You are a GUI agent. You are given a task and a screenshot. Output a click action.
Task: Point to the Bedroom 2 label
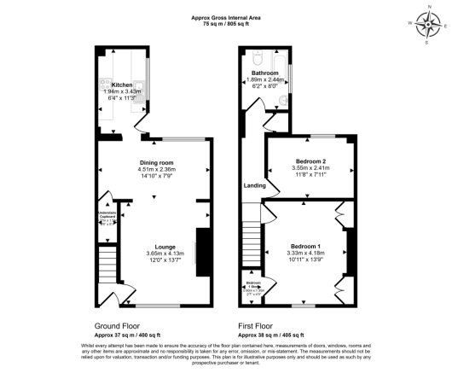tap(311, 161)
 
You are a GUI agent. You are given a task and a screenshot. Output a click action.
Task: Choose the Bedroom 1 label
tap(305, 247)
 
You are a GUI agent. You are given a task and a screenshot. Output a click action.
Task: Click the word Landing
tap(255, 185)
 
